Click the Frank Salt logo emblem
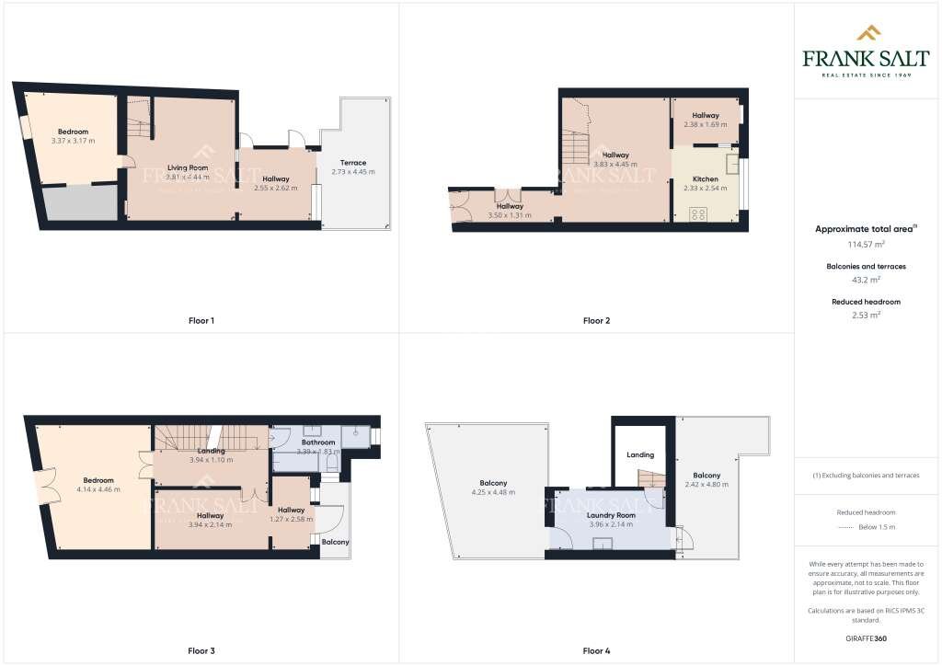[x=867, y=34]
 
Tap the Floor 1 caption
[x=201, y=321]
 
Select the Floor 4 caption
[x=596, y=651]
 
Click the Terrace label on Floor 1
[x=353, y=163]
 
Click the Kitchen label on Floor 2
[x=706, y=178]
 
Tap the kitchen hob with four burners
[x=697, y=215]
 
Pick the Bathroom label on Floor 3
[x=318, y=442]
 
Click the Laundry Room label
[x=612, y=515]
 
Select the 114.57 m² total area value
[x=867, y=244]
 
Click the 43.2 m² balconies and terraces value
[x=867, y=279]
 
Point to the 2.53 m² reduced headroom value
[x=867, y=314]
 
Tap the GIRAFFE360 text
[x=867, y=637]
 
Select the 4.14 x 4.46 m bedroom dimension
[x=98, y=489]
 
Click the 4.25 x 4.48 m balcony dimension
[x=492, y=492]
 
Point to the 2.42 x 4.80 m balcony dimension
[x=706, y=484]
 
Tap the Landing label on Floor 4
[x=640, y=454]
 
